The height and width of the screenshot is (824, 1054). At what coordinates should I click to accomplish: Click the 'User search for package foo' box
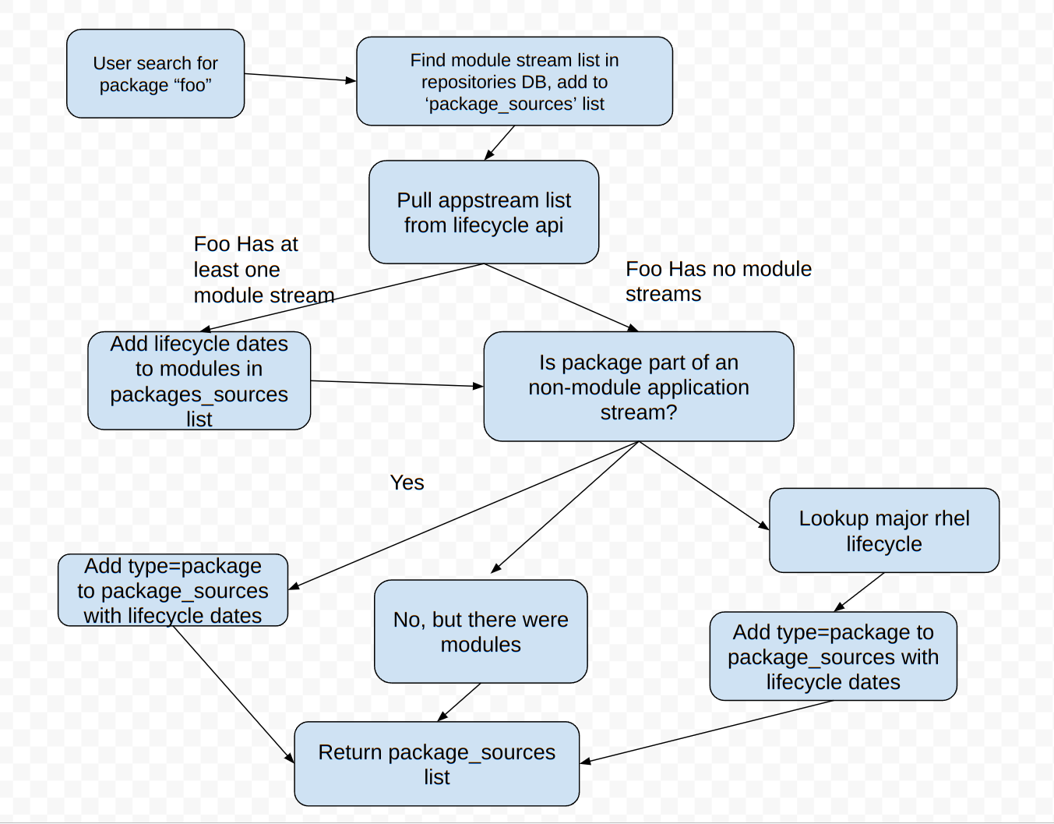156,74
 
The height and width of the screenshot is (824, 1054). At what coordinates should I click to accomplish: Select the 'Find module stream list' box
514,81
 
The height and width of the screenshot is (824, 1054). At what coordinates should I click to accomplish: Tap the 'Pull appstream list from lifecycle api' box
484,212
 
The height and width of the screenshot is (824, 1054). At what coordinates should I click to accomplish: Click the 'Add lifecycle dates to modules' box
199,380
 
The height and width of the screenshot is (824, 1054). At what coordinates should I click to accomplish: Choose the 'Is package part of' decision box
639,387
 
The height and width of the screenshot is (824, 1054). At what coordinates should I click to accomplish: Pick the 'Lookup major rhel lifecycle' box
884,530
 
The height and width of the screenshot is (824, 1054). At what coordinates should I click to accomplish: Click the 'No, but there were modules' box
481,631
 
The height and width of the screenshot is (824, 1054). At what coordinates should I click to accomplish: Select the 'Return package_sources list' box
437,764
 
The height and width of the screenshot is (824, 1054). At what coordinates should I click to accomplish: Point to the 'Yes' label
407,483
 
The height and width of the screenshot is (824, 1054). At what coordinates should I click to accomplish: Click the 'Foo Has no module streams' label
718,281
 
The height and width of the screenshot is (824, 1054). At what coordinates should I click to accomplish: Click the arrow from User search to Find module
300,77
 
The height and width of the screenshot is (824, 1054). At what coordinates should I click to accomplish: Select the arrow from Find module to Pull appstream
499,143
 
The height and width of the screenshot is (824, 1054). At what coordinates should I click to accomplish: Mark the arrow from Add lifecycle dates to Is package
397,384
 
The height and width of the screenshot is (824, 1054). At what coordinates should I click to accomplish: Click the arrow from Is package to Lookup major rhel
703,486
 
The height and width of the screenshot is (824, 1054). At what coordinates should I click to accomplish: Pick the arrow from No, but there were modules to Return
460,702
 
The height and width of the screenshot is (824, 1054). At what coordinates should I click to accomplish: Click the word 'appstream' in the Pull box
483,200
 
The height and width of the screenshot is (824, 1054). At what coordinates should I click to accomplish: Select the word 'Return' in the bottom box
350,752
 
